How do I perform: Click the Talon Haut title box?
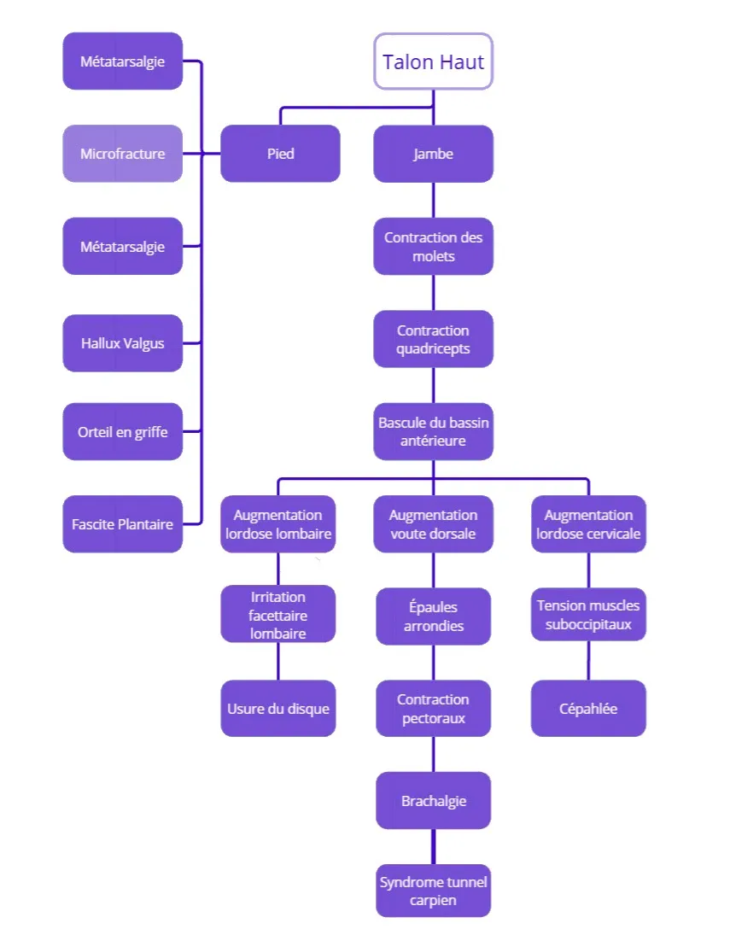point(433,61)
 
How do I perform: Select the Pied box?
point(280,154)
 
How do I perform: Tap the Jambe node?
point(433,154)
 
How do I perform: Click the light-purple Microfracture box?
point(122,154)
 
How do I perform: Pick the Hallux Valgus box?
point(122,343)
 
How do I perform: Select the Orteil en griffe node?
point(122,432)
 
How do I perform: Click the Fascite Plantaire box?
point(122,524)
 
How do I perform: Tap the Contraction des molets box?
point(433,247)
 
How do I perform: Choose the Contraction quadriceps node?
point(433,339)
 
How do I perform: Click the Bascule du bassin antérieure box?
point(433,431)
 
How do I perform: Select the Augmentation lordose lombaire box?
point(278,524)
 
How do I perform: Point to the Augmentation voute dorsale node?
point(433,524)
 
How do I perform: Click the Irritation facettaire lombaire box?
point(278,614)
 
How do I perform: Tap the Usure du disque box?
point(278,709)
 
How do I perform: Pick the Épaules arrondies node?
point(433,617)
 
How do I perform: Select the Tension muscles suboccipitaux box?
point(588,614)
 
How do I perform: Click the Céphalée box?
point(588,709)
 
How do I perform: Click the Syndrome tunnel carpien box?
point(433,891)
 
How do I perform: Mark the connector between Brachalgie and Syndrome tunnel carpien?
point(433,846)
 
